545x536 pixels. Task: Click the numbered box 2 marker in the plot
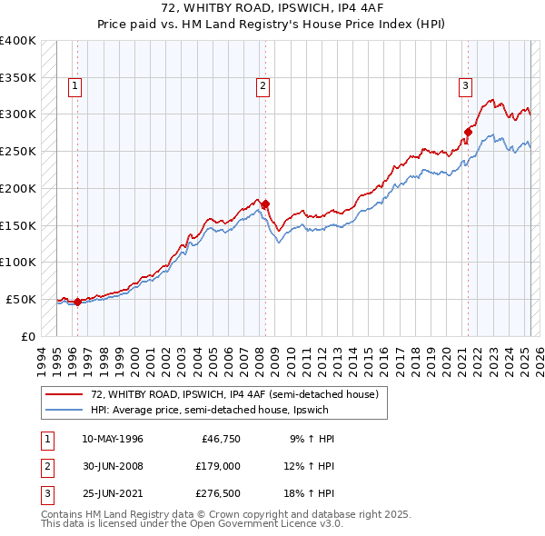tap(262, 87)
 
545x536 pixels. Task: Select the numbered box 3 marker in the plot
tap(464, 87)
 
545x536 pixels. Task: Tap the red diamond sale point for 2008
tap(265, 203)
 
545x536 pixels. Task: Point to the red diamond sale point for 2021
tap(469, 132)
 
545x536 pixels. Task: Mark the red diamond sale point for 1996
tap(77, 302)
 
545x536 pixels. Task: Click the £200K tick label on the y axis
tap(17, 188)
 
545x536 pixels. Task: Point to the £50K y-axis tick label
tap(21, 299)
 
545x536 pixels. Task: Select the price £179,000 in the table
tap(217, 467)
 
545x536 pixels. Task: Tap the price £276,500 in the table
tap(217, 495)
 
